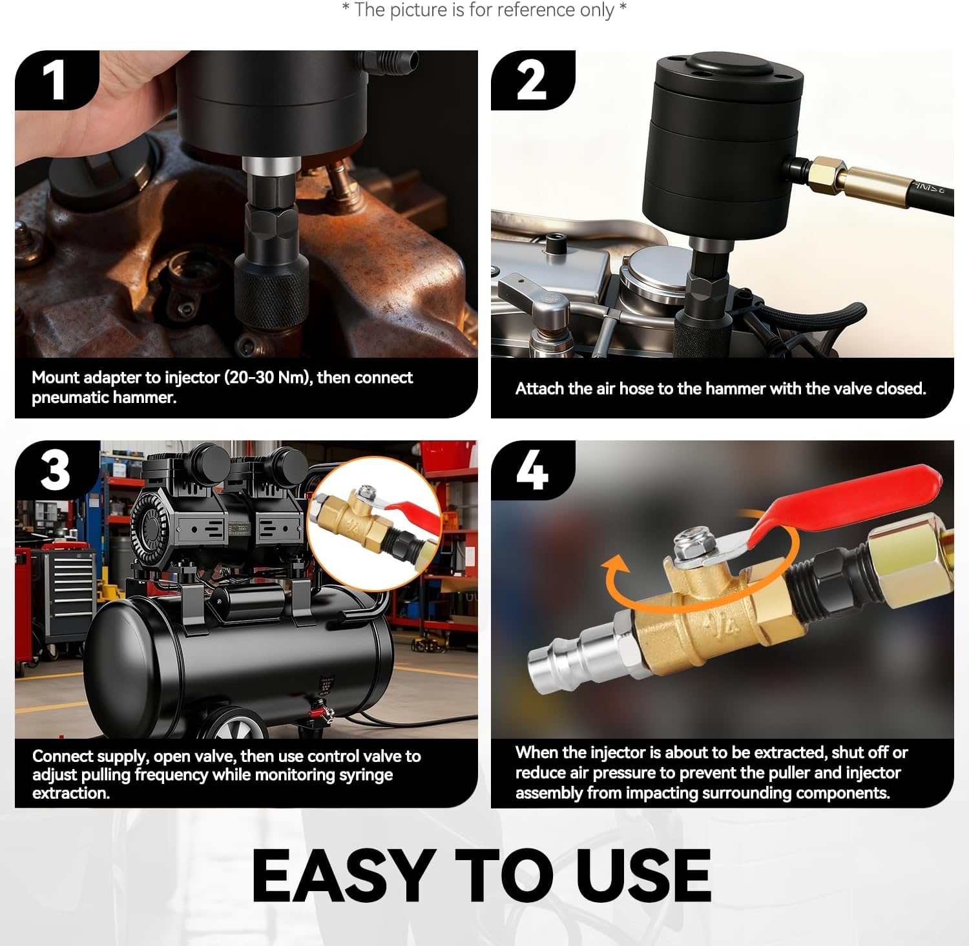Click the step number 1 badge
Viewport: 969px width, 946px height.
(x=54, y=80)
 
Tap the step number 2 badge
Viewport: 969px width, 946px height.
(x=531, y=81)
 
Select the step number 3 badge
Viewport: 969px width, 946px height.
(x=56, y=470)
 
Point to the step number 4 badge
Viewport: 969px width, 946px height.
(x=532, y=471)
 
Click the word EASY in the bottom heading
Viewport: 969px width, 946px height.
(x=342, y=876)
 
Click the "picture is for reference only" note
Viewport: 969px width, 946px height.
(x=484, y=10)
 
